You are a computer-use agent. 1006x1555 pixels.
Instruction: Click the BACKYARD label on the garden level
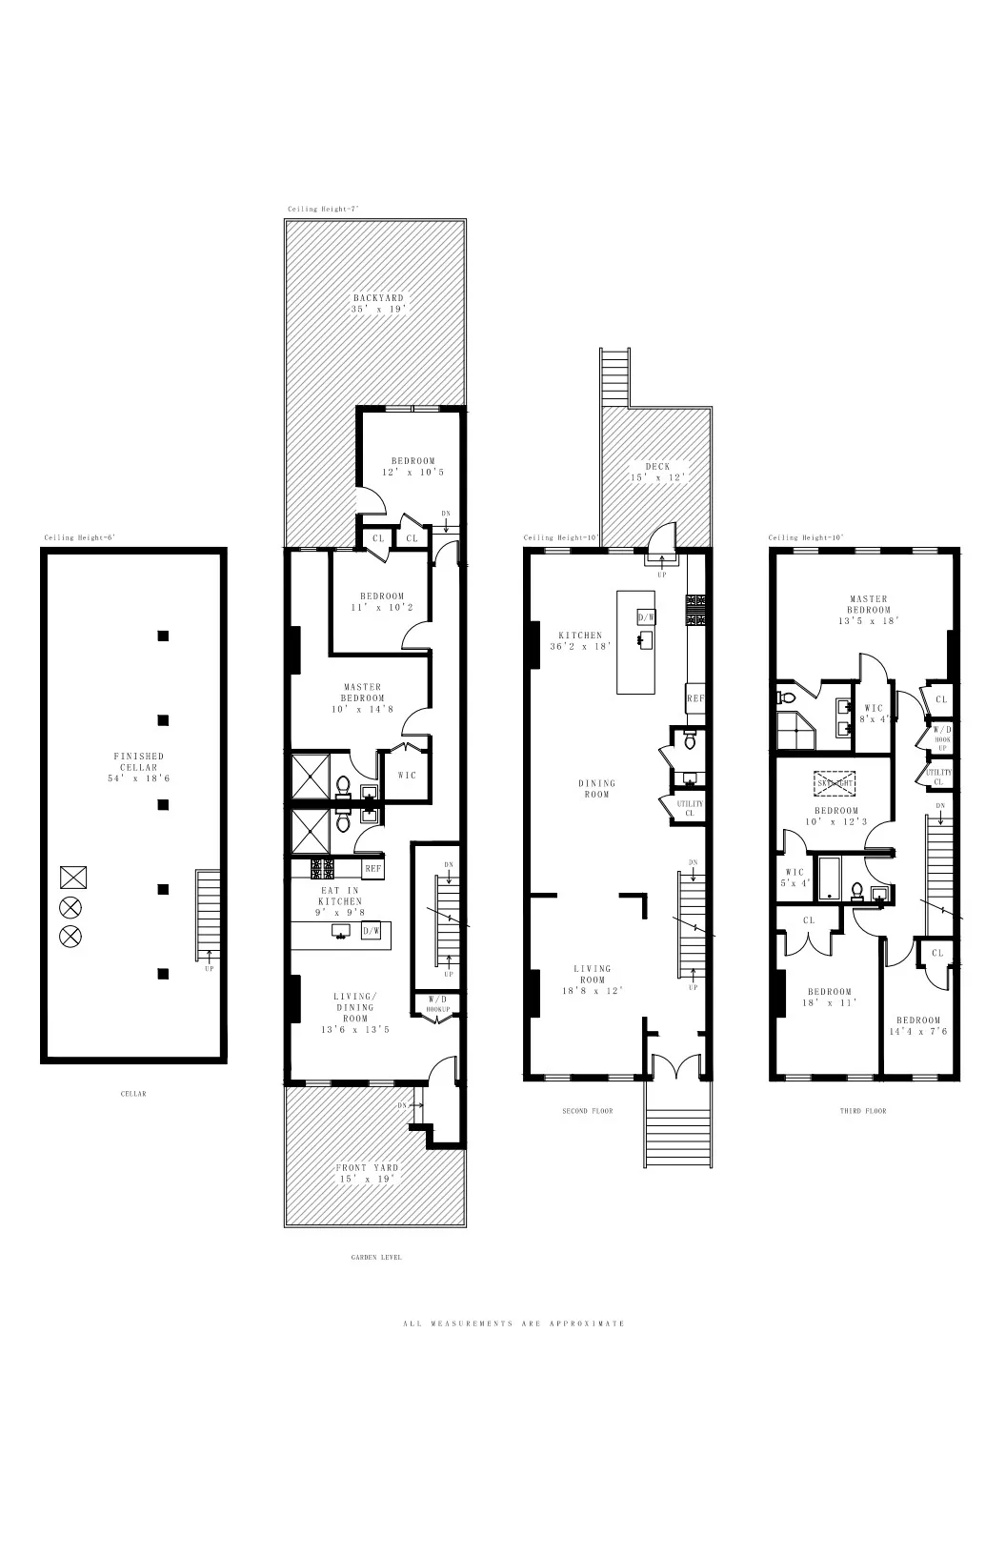(378, 298)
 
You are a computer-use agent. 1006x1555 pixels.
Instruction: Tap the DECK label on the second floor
(657, 467)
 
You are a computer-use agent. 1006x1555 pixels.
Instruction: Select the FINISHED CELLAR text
(138, 761)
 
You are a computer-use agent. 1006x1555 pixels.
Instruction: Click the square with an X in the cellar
(72, 877)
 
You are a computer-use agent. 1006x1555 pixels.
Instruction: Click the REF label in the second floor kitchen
(694, 698)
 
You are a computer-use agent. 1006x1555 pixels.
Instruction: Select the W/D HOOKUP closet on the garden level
(437, 1004)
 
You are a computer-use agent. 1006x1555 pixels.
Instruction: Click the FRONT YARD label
(368, 1167)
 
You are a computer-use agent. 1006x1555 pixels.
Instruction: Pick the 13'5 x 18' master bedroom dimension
(869, 620)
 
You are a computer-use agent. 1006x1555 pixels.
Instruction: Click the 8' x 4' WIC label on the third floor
(873, 714)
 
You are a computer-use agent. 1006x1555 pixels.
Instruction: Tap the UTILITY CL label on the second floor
(690, 808)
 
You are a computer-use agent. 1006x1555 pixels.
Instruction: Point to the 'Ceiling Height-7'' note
(323, 209)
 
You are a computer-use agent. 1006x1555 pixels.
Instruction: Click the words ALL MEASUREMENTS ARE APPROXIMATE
(514, 1323)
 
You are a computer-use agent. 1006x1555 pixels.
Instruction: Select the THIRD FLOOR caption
(862, 1111)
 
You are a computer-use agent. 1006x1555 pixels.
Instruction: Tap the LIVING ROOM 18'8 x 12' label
(592, 979)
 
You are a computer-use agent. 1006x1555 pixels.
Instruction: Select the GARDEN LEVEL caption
(376, 1258)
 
